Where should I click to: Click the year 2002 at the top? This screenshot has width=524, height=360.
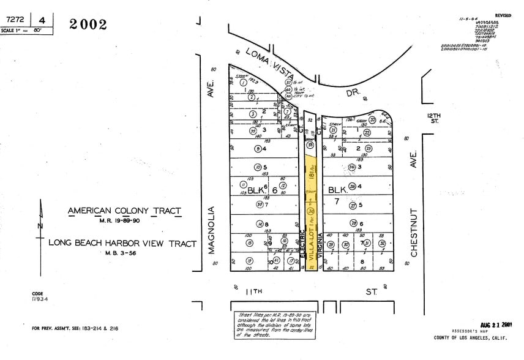pos(88,24)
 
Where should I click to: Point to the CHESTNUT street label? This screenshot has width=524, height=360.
pos(414,231)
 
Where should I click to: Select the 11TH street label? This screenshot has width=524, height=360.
pos(253,292)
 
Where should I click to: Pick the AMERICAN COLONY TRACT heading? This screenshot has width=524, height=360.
pos(124,211)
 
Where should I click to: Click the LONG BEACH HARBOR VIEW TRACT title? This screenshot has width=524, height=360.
pos(122,244)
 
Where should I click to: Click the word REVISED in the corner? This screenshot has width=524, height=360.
pos(503,14)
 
